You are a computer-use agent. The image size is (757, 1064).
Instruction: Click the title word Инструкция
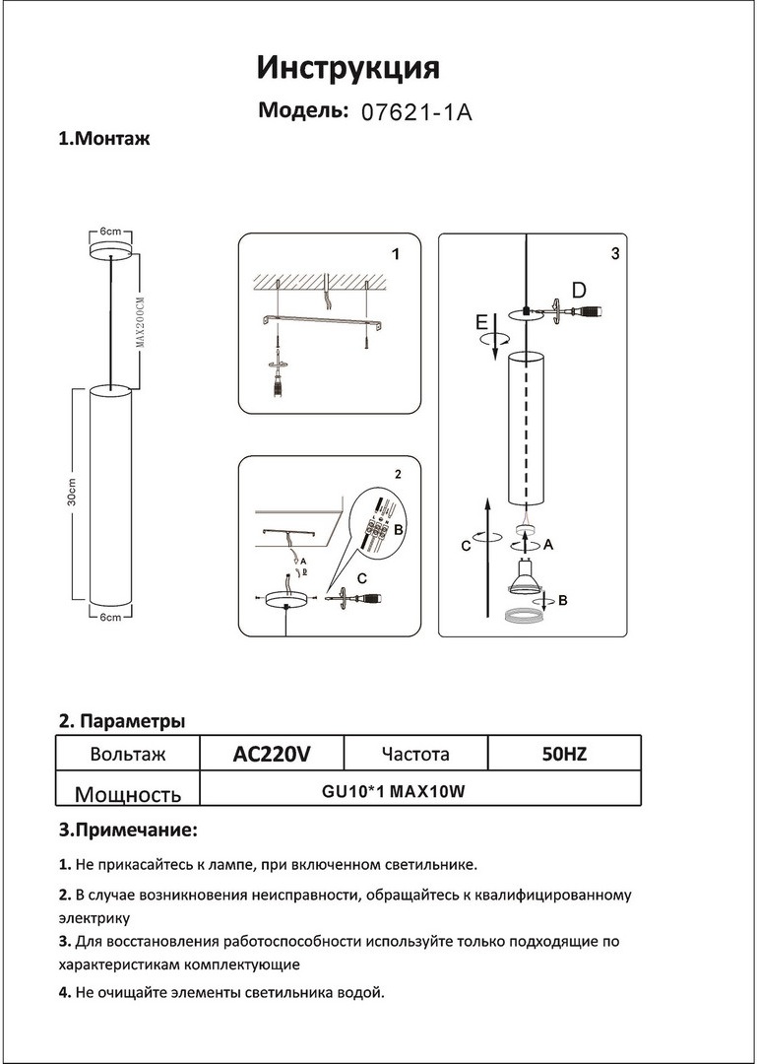pyautogui.click(x=348, y=68)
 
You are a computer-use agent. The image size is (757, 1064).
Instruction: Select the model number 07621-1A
pyautogui.click(x=417, y=111)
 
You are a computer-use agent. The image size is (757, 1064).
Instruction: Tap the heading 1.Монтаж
pyautogui.click(x=104, y=139)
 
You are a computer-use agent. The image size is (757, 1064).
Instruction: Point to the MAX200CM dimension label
pyautogui.click(x=140, y=320)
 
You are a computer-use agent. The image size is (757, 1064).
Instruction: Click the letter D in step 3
pyautogui.click(x=579, y=290)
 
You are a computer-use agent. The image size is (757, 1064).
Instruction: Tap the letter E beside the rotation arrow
pyautogui.click(x=480, y=321)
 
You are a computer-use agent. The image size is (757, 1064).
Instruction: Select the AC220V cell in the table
pyautogui.click(x=272, y=755)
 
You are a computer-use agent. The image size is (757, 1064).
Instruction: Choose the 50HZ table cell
pyautogui.click(x=564, y=755)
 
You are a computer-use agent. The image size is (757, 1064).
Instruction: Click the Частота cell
pyautogui.click(x=415, y=755)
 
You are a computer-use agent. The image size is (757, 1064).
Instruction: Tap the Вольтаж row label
pyautogui.click(x=127, y=755)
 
